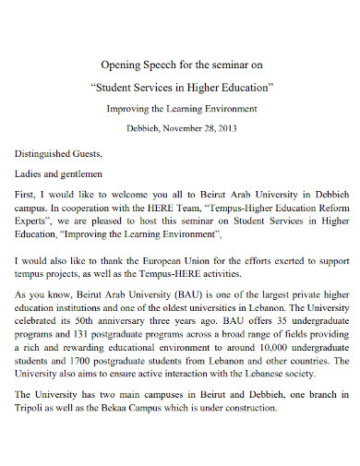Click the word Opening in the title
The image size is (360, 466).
[x=116, y=65]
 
